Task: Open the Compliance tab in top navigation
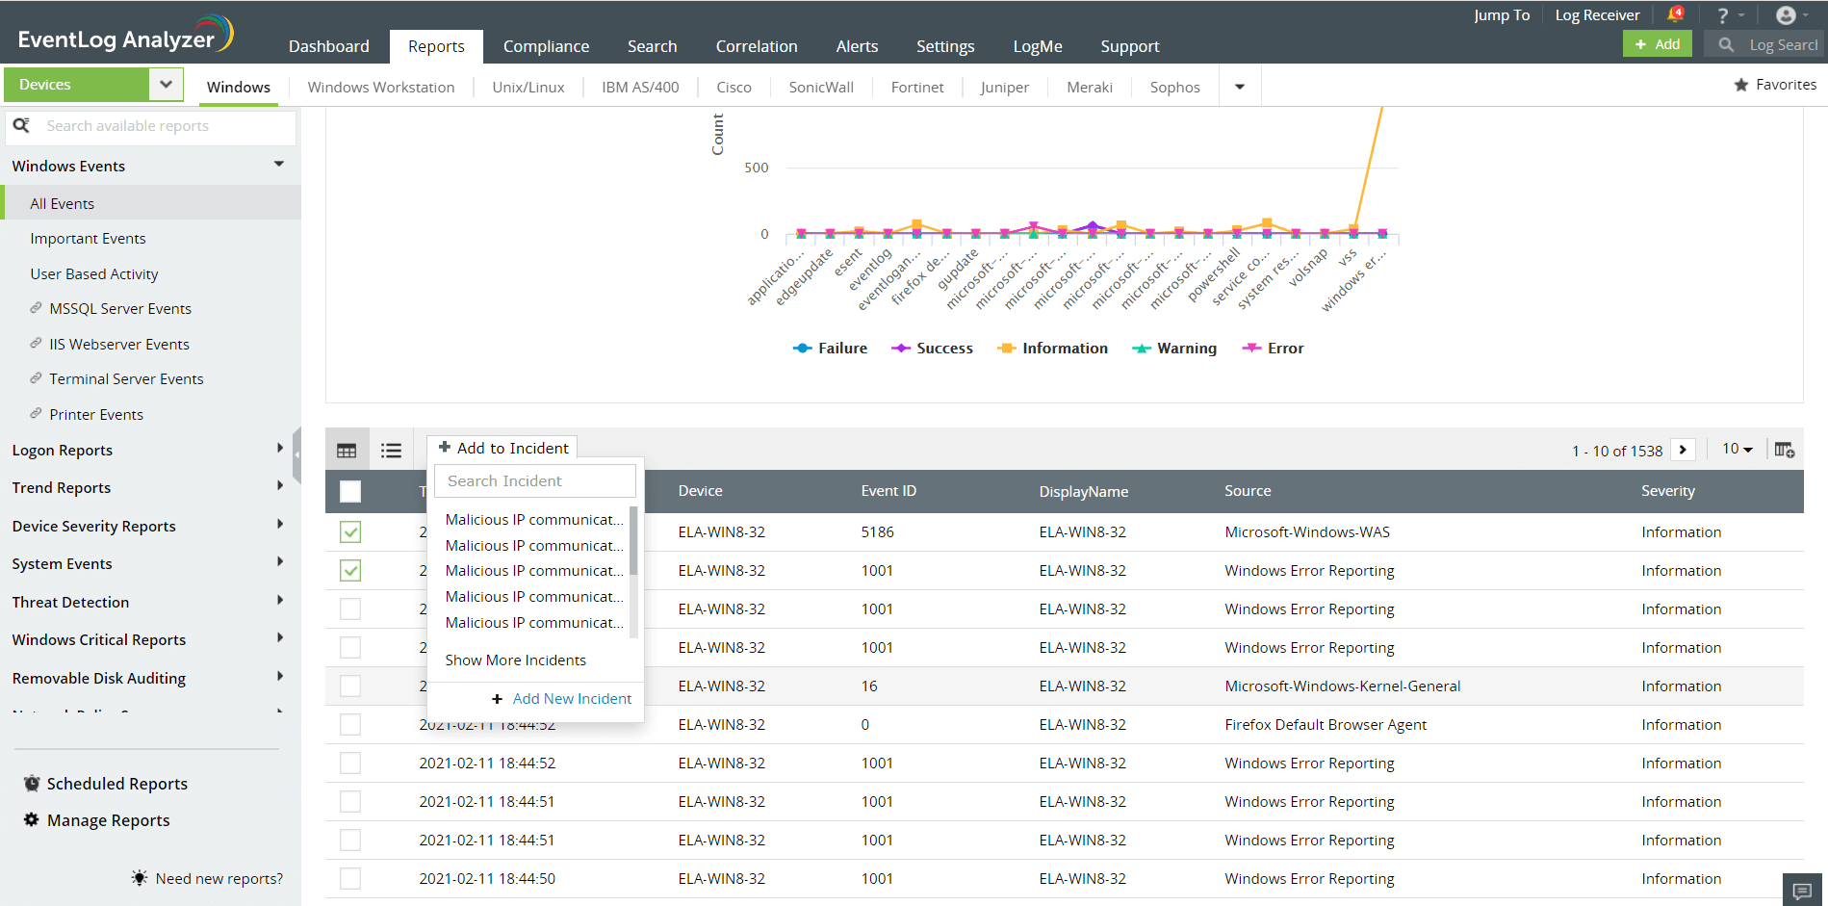click(x=546, y=46)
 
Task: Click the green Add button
click(x=1657, y=44)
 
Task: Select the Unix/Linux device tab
click(x=528, y=87)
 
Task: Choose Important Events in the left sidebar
click(x=88, y=239)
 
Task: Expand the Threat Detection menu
click(x=70, y=602)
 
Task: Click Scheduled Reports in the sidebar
click(x=116, y=784)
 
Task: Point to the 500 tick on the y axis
click(x=757, y=168)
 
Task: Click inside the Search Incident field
click(x=534, y=480)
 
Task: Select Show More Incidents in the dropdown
click(x=515, y=660)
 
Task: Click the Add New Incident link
click(x=572, y=699)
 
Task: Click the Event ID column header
click(x=888, y=491)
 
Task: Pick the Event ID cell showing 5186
click(x=877, y=532)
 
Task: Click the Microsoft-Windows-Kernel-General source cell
click(x=1342, y=686)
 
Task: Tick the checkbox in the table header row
click(x=350, y=491)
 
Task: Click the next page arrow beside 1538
click(x=1683, y=450)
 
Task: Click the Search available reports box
click(x=154, y=126)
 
